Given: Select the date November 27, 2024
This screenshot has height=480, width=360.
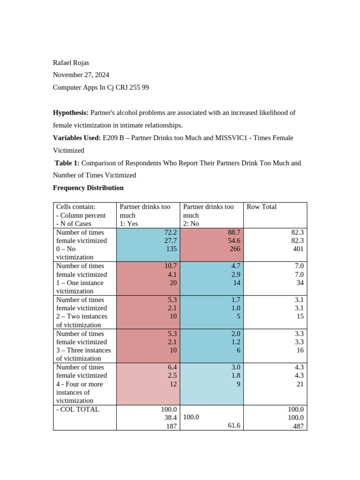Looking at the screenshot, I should click(81, 75).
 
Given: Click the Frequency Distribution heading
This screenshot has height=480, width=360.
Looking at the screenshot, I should click(88, 188).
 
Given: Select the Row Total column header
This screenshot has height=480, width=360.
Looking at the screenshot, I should click(261, 207).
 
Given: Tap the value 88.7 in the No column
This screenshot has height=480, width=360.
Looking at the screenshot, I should click(234, 232).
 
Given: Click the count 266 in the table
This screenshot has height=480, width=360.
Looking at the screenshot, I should click(235, 249).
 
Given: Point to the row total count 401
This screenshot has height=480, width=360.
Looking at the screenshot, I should click(298, 249).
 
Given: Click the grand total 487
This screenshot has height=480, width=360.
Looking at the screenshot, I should click(298, 426).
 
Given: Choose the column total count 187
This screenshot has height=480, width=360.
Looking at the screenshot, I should click(171, 426).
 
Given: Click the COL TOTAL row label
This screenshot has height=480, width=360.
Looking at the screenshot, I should click(78, 409).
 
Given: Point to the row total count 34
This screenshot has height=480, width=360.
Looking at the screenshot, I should click(300, 283).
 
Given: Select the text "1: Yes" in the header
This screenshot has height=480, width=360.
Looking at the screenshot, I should click(129, 224).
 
